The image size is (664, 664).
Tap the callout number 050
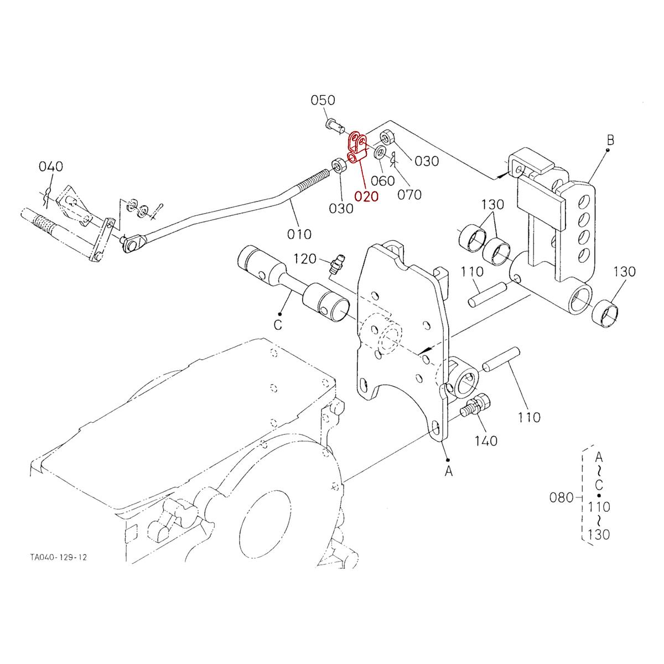coord(323,100)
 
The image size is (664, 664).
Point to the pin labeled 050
coord(334,124)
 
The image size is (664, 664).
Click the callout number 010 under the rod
coord(299,234)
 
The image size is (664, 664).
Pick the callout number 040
coord(51,167)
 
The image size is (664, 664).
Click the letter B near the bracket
coord(610,139)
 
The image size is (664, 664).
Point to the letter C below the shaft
coord(278,325)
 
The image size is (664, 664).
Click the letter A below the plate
coord(449,471)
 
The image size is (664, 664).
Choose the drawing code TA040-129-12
coord(59,557)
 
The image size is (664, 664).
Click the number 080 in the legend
coord(561,497)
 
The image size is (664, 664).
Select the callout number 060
coord(383,180)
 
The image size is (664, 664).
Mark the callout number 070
coord(409,194)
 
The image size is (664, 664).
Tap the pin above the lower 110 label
coord(500,360)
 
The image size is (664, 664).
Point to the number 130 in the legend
coord(599,535)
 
